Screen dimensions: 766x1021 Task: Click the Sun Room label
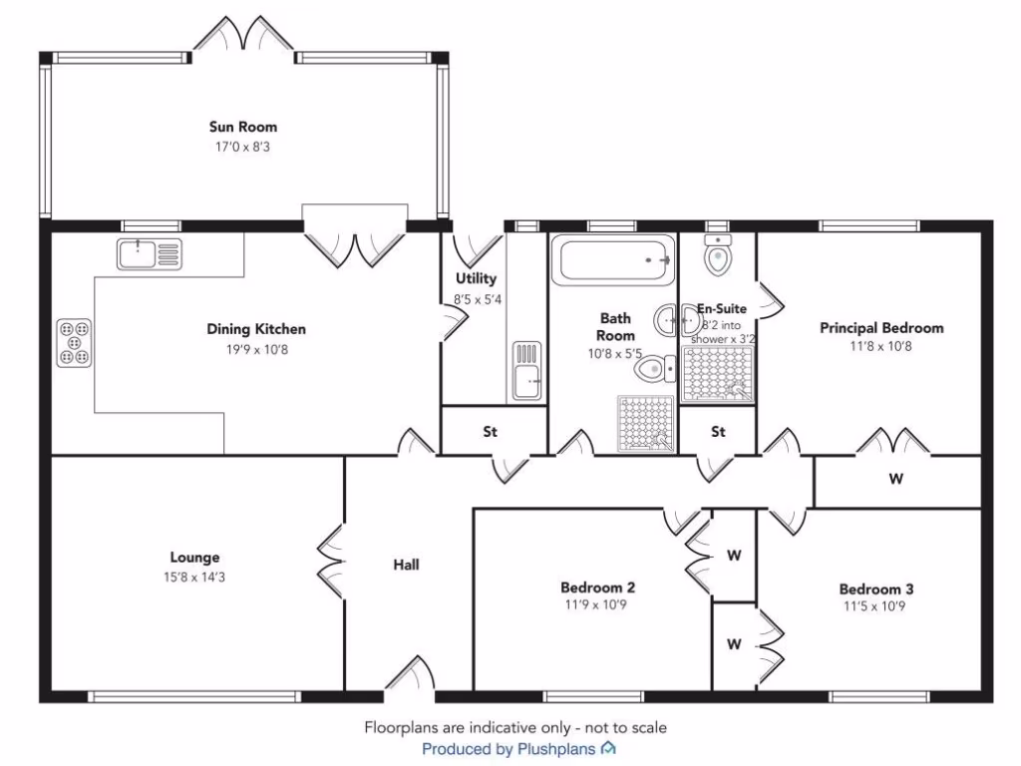pos(242,127)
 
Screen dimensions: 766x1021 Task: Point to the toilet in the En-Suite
pos(717,256)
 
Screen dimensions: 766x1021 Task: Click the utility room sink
pos(526,369)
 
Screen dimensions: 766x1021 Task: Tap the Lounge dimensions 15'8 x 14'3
pos(194,576)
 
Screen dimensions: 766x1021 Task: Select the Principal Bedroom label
pos(881,327)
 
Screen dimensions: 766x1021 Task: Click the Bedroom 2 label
pos(598,587)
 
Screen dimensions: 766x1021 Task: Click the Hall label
pos(406,565)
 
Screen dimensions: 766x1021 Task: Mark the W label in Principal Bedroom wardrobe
pos(895,480)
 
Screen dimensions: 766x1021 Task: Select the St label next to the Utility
pos(491,432)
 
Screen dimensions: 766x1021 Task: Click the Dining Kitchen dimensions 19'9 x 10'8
pos(256,348)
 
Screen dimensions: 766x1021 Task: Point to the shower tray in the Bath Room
pos(645,423)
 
